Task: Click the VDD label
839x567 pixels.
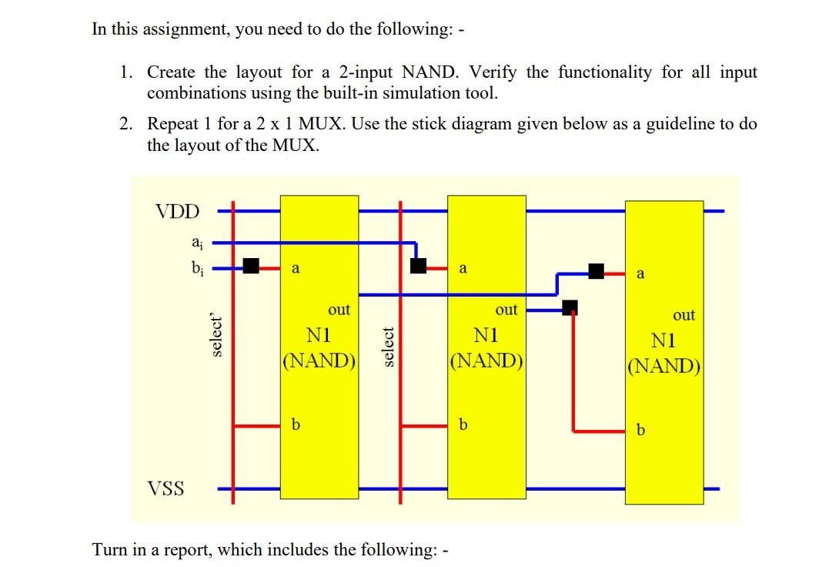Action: coord(177,211)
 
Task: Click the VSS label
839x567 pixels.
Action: coord(165,488)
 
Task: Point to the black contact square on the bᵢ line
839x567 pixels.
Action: coord(252,267)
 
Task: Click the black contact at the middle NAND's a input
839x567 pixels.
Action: coord(418,266)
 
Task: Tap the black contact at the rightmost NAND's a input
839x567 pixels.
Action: coord(596,270)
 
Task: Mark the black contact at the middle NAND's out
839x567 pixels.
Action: coord(570,308)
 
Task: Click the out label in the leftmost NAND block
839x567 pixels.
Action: coord(339,310)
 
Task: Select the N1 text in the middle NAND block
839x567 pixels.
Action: coord(486,336)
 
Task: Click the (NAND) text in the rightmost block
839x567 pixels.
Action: coord(664,365)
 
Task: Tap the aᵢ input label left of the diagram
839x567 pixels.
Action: coord(197,242)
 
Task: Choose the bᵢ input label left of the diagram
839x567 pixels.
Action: coord(197,267)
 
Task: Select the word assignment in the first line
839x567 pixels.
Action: coord(175,29)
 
